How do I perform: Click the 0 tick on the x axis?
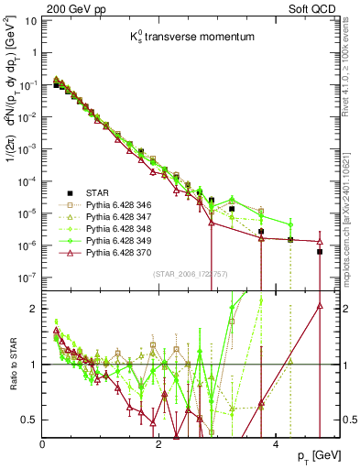click(x=43, y=442)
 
